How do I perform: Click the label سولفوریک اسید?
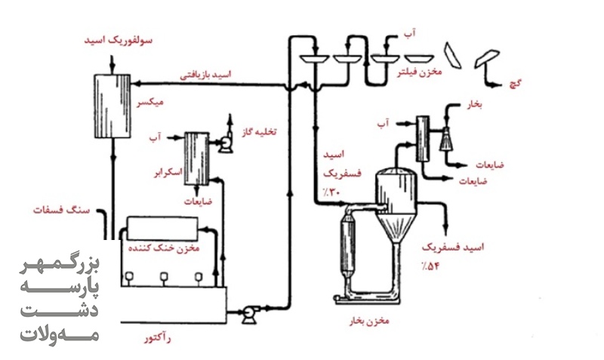[119, 41]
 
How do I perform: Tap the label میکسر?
[150, 102]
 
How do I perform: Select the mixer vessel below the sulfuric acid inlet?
[112, 106]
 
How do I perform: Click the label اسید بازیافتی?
[205, 74]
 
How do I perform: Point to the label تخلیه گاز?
[259, 132]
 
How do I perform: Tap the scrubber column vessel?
[196, 158]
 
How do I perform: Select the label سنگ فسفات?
[61, 211]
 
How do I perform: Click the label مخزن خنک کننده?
[164, 248]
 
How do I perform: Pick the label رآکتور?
[158, 339]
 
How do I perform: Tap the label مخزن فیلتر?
[420, 72]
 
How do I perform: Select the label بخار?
[475, 105]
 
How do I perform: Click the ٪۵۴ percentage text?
[430, 266]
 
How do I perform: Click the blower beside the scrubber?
[224, 144]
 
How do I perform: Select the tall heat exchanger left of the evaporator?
[349, 243]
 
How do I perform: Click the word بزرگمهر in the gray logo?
[60, 266]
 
